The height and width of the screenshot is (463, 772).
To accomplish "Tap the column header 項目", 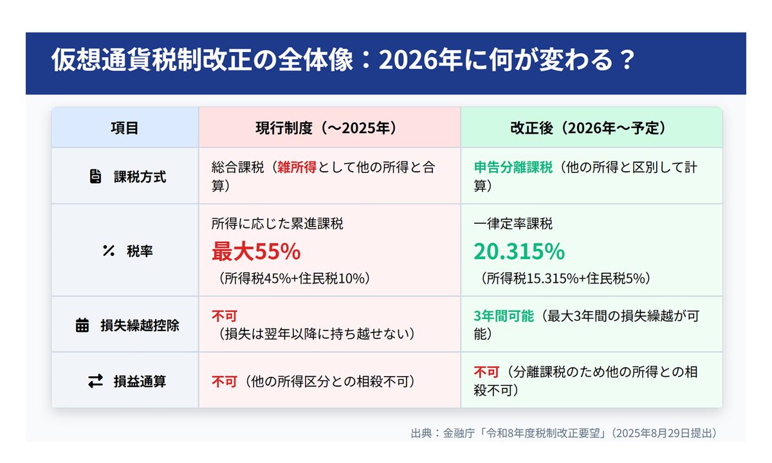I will coord(125,128).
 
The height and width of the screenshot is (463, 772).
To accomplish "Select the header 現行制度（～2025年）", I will coord(329,128).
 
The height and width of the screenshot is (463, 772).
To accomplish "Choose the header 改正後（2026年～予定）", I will coord(591,128).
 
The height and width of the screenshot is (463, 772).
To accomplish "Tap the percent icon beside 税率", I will coord(108,251).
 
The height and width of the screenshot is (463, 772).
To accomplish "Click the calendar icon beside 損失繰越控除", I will coord(82,325).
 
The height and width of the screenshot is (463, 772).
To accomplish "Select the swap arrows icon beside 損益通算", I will coord(95,381).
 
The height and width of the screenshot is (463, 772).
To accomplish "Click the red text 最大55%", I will coord(256,252).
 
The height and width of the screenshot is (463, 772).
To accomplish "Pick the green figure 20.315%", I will coord(519,252).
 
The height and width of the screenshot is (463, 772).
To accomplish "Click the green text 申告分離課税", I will coord(513,168).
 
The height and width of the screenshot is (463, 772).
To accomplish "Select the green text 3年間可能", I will coord(504,316).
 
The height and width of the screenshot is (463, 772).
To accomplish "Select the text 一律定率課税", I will coord(513,224).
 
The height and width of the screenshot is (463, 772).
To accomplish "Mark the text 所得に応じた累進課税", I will coord(277,224).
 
